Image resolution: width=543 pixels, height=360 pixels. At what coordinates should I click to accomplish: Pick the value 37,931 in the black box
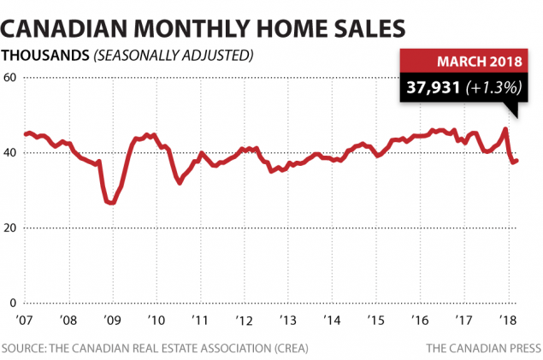[x=443, y=88]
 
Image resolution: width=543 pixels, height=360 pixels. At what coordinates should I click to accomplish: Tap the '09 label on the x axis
[x=111, y=320]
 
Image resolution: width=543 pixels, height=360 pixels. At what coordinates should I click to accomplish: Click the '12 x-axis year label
[x=245, y=320]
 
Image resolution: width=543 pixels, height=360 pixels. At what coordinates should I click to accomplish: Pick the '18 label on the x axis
[x=508, y=320]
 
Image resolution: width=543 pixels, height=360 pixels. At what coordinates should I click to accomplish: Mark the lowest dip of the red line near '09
[x=109, y=203]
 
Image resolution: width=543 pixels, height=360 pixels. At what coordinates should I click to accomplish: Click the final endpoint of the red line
[x=517, y=160]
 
